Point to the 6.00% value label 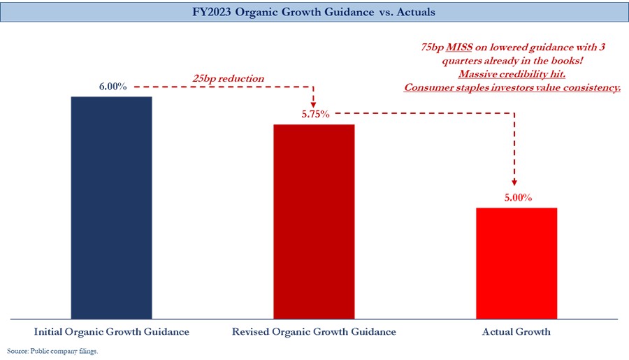click(x=112, y=87)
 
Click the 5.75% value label click(x=315, y=115)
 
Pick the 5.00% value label click(x=518, y=198)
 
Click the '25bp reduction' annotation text click(x=229, y=78)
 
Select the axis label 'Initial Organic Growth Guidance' click(x=112, y=331)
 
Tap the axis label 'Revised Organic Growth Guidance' click(x=314, y=331)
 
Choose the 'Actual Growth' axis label click(x=516, y=331)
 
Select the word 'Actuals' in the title click(x=416, y=13)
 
